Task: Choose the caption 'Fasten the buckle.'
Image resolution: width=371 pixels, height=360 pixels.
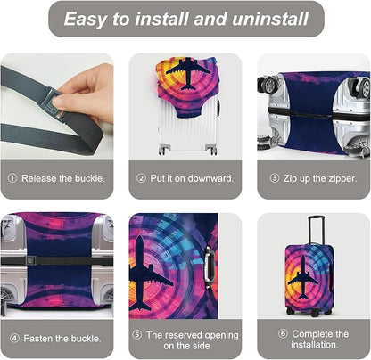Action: point(61,338)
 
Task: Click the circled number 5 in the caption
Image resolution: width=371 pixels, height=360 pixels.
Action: point(136,333)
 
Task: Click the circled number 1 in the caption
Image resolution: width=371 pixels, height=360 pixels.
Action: point(12,177)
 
